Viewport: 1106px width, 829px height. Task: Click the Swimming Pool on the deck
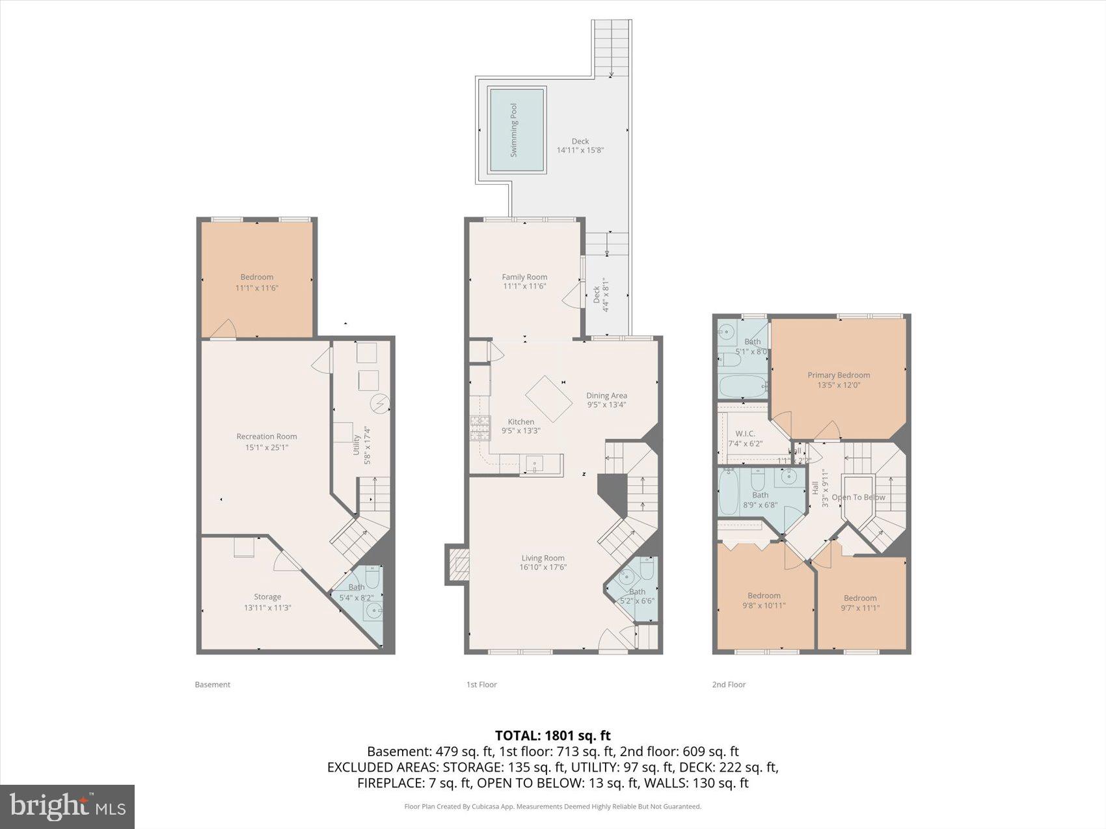(517, 130)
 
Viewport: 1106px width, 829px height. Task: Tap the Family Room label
(524, 277)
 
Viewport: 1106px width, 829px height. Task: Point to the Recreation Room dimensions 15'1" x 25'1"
(267, 447)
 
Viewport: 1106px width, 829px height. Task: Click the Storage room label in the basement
(267, 597)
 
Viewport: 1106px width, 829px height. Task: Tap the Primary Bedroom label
(839, 375)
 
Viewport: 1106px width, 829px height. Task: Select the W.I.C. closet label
(745, 434)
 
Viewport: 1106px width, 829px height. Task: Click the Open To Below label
(858, 497)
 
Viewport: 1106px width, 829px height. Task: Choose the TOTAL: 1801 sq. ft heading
(552, 735)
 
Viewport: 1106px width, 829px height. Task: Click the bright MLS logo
(68, 807)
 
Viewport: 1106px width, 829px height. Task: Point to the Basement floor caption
(213, 685)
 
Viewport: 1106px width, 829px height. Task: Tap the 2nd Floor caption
(729, 685)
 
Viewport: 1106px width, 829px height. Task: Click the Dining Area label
(606, 395)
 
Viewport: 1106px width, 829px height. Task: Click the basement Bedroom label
(257, 277)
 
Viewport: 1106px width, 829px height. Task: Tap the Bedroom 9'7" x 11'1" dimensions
(860, 609)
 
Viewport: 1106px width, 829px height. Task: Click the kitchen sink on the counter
(535, 464)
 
